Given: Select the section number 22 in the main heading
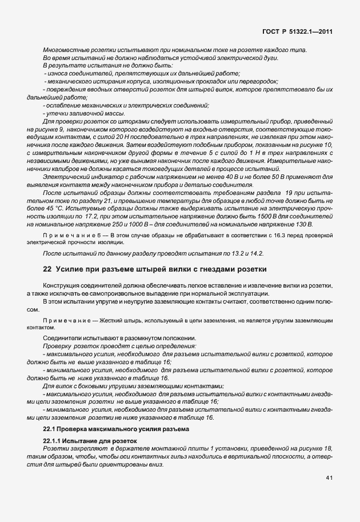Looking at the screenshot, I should click(48, 269).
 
